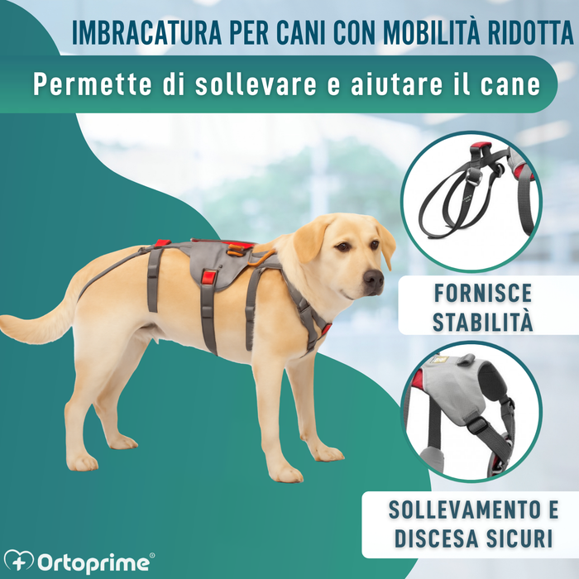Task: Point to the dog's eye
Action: pos(341,246)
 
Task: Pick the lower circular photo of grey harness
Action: pos(471,412)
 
